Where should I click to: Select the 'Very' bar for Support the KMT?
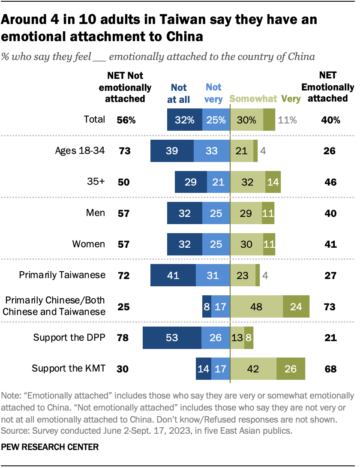[291, 369]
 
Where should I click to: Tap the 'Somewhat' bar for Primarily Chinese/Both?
[256, 307]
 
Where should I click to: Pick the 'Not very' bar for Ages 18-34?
[212, 151]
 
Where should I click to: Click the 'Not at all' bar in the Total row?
[184, 120]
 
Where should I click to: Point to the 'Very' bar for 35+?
[273, 182]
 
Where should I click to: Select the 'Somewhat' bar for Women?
[246, 244]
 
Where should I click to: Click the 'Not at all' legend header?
[179, 93]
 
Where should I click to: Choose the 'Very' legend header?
[291, 99]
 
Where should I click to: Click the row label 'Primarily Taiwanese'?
[62, 275]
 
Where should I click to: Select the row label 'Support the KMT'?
[69, 368]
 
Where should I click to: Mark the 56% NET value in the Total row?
[126, 120]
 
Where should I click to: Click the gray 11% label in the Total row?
[287, 120]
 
